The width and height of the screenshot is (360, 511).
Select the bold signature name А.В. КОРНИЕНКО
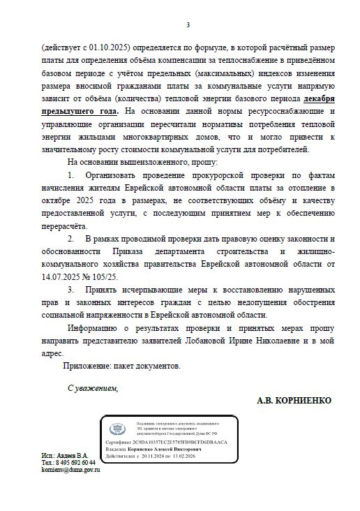pyautogui.click(x=294, y=401)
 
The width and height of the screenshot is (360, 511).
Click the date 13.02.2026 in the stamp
pyautogui.click(x=195, y=457)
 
